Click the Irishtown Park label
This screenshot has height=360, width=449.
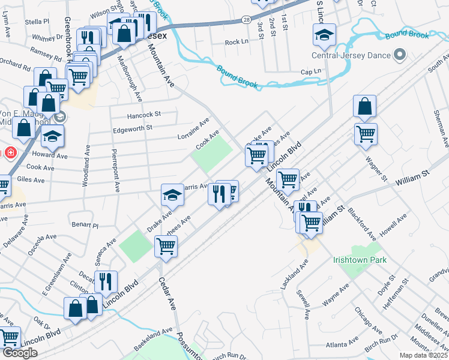click(x=360, y=260)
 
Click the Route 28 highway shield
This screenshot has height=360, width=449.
click(x=247, y=20)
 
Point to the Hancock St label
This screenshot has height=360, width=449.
click(x=144, y=114)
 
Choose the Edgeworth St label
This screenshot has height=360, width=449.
click(x=133, y=127)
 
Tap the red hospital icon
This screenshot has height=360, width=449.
click(x=10, y=152)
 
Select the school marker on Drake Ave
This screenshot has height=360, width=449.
click(x=172, y=195)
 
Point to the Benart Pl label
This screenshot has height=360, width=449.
click(x=85, y=226)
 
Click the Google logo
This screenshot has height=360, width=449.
click(x=20, y=353)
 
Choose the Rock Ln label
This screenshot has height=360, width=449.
click(x=237, y=43)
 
